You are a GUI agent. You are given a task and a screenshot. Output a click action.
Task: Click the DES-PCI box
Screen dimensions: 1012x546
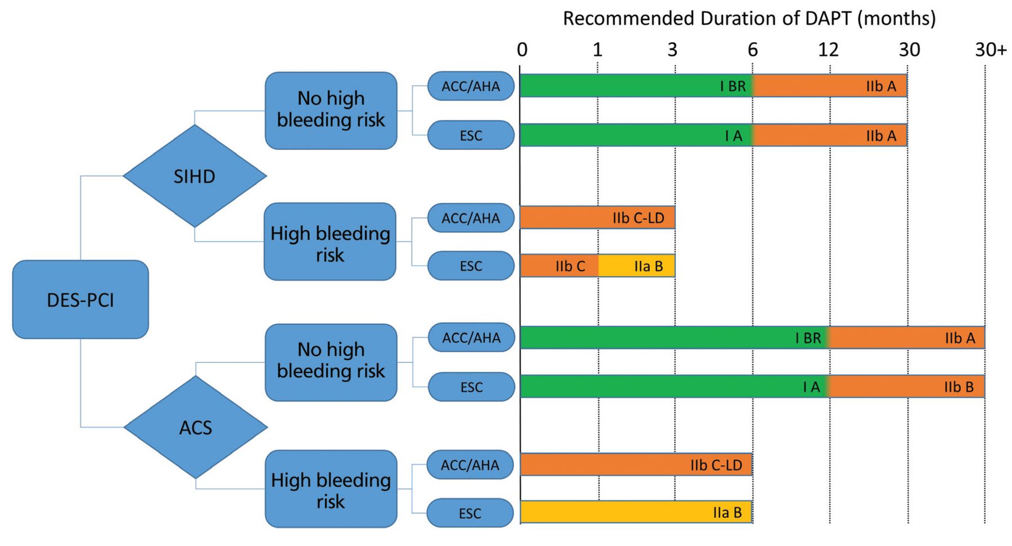coord(80,299)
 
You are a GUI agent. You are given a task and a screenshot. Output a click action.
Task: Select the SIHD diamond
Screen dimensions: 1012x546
coord(195,176)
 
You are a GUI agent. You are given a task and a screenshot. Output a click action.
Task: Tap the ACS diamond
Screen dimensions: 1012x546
coord(195,427)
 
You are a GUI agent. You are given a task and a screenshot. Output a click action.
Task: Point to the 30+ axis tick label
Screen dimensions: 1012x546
coord(991,50)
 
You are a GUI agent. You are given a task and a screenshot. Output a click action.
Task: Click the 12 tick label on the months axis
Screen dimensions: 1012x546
coord(828,50)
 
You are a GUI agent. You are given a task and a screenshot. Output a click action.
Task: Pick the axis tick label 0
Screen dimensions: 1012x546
coord(522,50)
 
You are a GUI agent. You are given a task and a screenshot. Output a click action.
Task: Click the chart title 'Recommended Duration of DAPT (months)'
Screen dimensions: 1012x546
coord(749,19)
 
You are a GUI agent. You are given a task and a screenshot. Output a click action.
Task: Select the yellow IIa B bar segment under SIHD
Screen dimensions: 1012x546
coord(636,266)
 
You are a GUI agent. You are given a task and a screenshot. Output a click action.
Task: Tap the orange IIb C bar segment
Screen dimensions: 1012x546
coord(559,266)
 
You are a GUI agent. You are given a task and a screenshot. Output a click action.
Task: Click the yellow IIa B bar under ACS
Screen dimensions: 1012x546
coord(636,512)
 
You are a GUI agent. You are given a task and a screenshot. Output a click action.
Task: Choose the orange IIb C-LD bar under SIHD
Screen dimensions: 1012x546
coord(598,217)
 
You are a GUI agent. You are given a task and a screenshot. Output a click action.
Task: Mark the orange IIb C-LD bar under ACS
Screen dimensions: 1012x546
coord(636,465)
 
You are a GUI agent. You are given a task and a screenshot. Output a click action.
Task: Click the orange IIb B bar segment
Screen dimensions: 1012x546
coord(906,386)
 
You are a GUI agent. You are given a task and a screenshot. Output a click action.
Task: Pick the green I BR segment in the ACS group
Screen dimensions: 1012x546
coord(674,338)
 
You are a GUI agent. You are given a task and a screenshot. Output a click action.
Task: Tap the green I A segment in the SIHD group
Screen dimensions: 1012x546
coord(636,135)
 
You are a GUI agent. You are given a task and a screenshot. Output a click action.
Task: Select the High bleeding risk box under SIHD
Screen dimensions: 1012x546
coord(330,242)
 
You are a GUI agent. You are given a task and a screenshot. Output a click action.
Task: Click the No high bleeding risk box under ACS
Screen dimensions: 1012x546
coord(331,362)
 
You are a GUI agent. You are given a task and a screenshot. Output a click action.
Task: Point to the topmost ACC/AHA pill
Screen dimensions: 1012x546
coord(471,86)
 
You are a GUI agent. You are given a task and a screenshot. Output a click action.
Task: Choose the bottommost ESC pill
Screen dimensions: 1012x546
coord(470,513)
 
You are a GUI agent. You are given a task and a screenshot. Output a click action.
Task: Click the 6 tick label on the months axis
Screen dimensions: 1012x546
coord(752,50)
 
